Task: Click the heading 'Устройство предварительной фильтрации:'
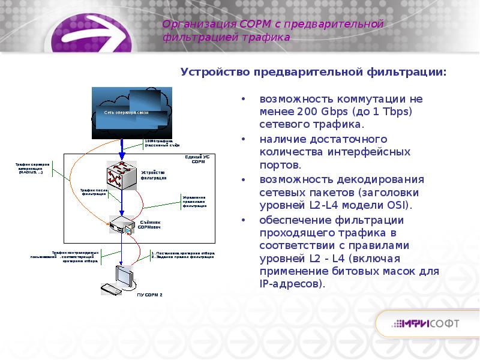pos(314,72)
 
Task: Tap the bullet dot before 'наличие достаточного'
pos(243,139)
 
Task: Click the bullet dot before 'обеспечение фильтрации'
pos(243,220)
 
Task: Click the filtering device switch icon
pos(121,175)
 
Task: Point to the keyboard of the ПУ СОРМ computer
pos(111,289)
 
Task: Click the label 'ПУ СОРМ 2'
pos(149,295)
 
